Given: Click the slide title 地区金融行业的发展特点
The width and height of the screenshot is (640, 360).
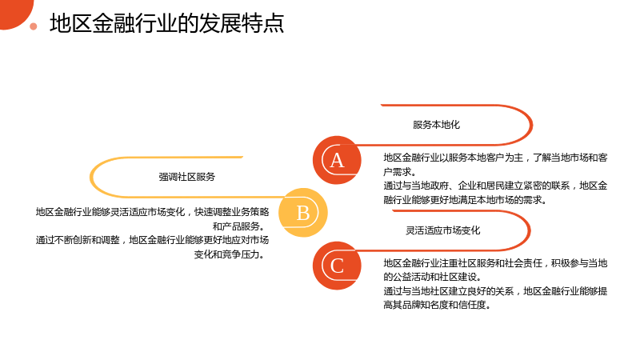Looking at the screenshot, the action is click(166, 23).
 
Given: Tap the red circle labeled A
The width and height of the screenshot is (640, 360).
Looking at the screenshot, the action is click(337, 160).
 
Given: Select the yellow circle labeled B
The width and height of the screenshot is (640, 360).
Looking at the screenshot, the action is click(303, 213).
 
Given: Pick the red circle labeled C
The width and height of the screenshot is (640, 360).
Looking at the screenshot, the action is click(337, 266).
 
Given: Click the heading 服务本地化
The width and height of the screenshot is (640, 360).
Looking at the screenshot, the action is click(436, 125).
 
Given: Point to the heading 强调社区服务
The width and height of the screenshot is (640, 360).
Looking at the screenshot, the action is click(187, 177).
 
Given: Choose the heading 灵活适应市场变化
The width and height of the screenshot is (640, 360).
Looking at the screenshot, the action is click(443, 230).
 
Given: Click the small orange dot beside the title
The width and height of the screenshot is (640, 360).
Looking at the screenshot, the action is click(34, 26).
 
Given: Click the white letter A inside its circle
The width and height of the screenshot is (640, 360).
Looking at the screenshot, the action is click(337, 161).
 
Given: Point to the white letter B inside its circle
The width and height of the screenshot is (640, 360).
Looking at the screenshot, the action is click(303, 213).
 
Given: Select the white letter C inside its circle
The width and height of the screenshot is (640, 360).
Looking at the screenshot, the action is click(337, 266).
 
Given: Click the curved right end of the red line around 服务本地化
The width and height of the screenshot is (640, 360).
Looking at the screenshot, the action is click(531, 125).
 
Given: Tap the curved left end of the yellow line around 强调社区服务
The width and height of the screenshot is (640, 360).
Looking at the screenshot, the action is click(90, 177).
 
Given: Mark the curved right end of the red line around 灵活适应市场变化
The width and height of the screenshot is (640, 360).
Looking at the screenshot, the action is click(530, 230).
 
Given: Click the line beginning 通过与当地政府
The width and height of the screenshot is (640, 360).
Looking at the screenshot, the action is click(495, 186).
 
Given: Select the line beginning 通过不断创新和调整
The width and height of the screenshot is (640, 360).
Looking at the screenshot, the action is click(152, 240).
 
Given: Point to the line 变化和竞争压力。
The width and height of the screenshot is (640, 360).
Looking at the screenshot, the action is click(230, 254).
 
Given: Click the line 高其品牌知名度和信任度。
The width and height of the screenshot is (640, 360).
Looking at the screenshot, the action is click(437, 305).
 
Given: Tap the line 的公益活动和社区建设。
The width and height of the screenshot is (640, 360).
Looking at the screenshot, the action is click(433, 277).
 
